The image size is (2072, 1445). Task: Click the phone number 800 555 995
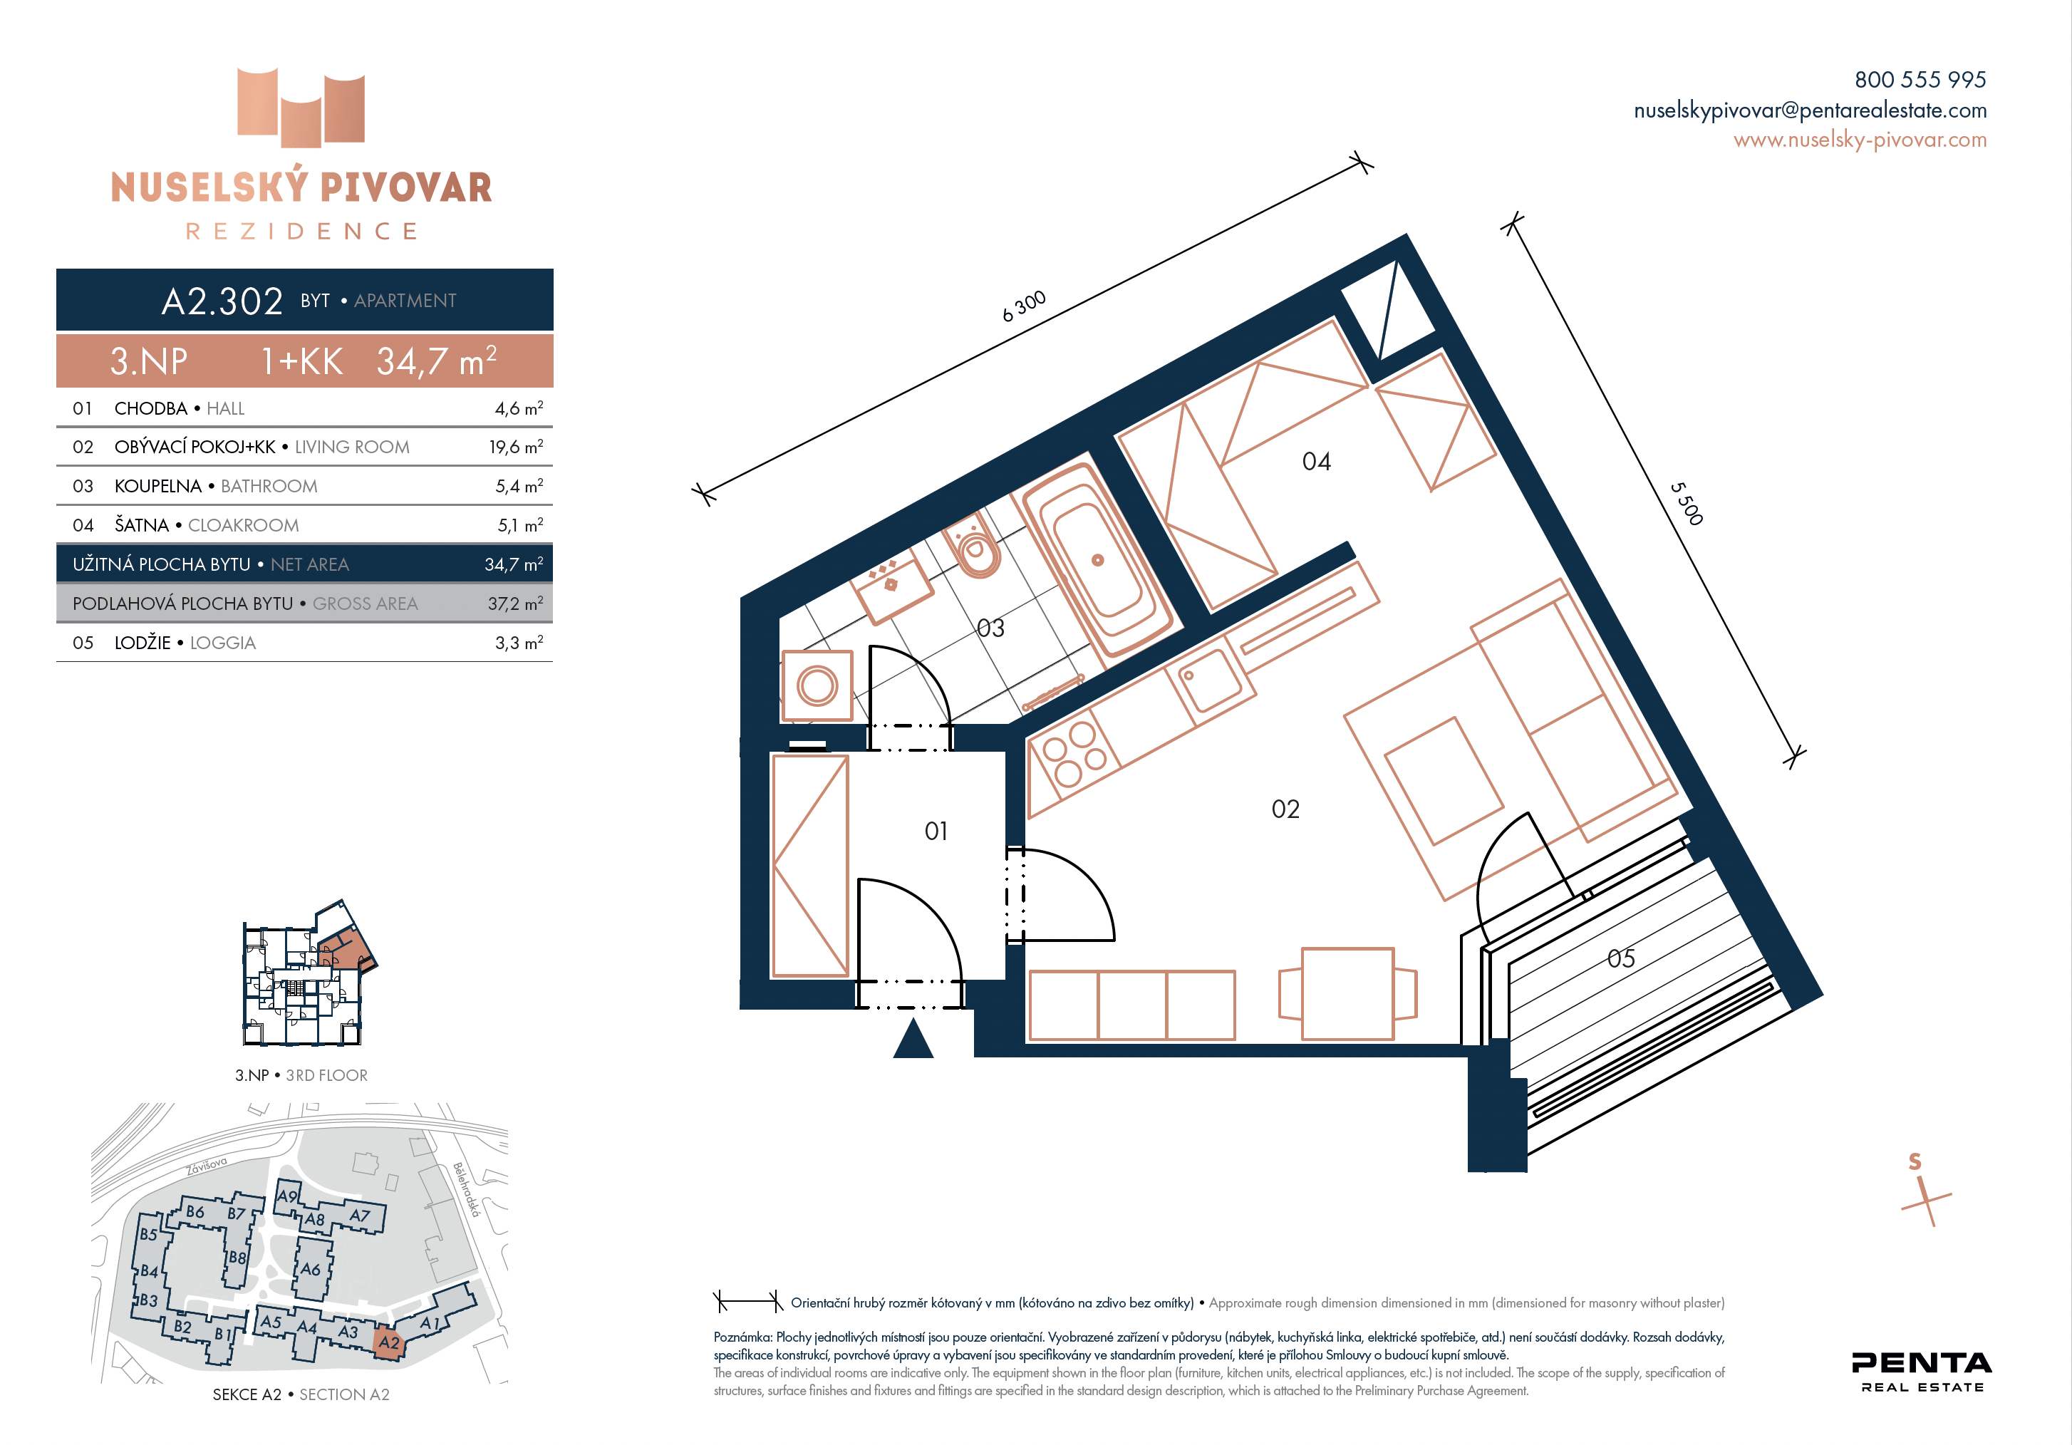pyautogui.click(x=1920, y=79)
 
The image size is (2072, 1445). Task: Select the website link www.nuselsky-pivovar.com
pyautogui.click(x=1860, y=140)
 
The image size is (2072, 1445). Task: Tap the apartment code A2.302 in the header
pyautogui.click(x=222, y=301)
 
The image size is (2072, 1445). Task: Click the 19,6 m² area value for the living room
pyautogui.click(x=516, y=447)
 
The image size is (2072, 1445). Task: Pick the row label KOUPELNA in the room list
pyautogui.click(x=158, y=487)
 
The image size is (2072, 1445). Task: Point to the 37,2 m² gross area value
pyautogui.click(x=516, y=604)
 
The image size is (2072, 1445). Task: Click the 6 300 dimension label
pyautogui.click(x=1025, y=306)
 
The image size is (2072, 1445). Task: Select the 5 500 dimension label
pyautogui.click(x=1686, y=503)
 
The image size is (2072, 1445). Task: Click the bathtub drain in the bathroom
pyautogui.click(x=1097, y=559)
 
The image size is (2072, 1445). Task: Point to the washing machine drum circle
pyautogui.click(x=817, y=685)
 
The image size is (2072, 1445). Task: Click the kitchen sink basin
pyautogui.click(x=1209, y=679)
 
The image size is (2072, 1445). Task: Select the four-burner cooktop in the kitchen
pyautogui.click(x=1074, y=755)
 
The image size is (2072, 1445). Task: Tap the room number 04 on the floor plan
pyautogui.click(x=1316, y=462)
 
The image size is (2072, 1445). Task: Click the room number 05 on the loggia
pyautogui.click(x=1621, y=958)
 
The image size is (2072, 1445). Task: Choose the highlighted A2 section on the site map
pyautogui.click(x=389, y=1342)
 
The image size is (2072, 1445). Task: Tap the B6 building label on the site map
pyautogui.click(x=195, y=1211)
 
